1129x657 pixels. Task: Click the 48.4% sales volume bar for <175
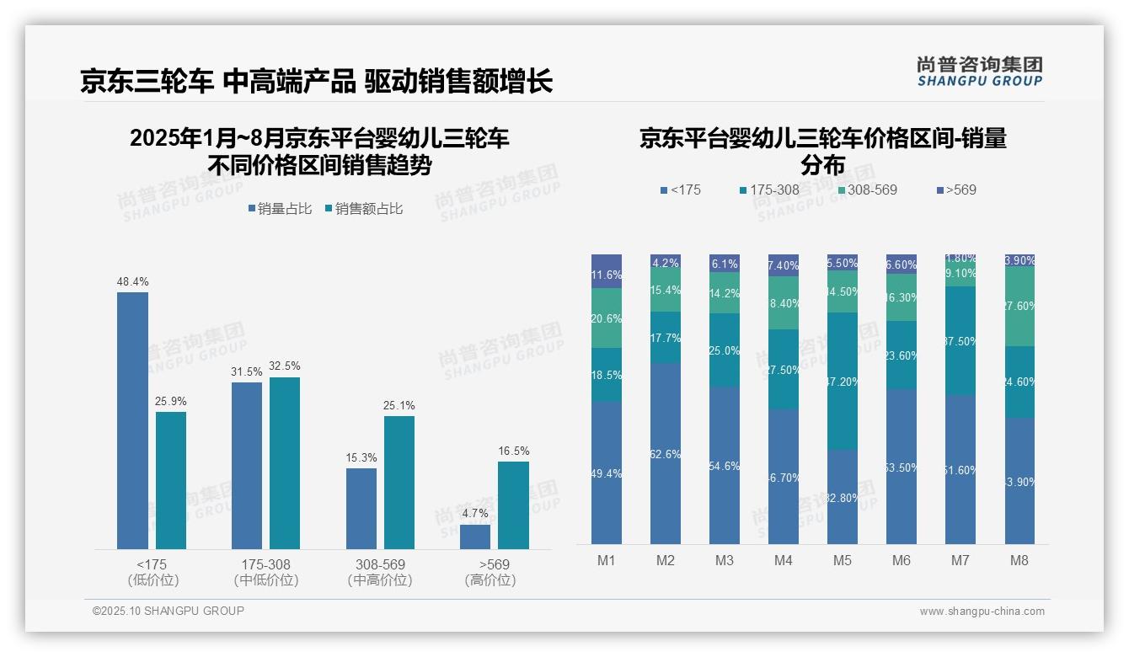point(132,421)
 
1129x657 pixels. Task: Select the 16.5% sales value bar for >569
point(513,505)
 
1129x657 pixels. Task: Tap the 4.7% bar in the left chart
point(475,537)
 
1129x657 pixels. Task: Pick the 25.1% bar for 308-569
point(399,483)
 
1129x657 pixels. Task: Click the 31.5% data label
point(247,372)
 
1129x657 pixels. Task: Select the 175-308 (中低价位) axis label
point(265,572)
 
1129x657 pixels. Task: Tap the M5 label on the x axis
point(842,560)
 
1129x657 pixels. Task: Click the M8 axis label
point(1019,560)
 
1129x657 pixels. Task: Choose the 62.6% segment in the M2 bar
point(666,454)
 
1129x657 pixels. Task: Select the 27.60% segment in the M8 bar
point(1019,307)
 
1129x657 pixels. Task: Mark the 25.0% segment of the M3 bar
point(725,350)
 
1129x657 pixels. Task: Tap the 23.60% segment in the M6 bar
point(901,355)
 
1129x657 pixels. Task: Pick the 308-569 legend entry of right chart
point(867,190)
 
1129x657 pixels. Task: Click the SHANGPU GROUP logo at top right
point(979,72)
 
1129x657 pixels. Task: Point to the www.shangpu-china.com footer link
point(982,612)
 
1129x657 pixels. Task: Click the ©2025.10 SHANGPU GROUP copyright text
point(169,611)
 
